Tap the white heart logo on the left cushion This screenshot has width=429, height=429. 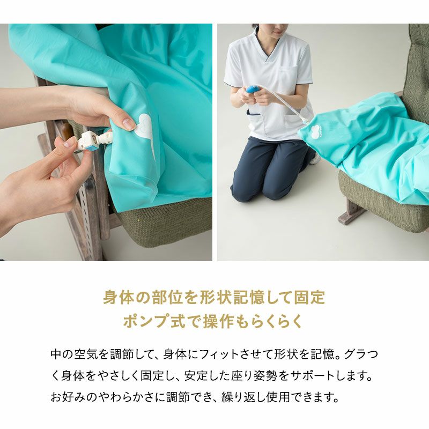pos(146,126)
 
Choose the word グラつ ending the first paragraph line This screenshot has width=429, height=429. pos(363,354)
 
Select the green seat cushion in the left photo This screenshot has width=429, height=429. pos(161,225)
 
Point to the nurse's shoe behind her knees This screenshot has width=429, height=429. pos(315,159)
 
